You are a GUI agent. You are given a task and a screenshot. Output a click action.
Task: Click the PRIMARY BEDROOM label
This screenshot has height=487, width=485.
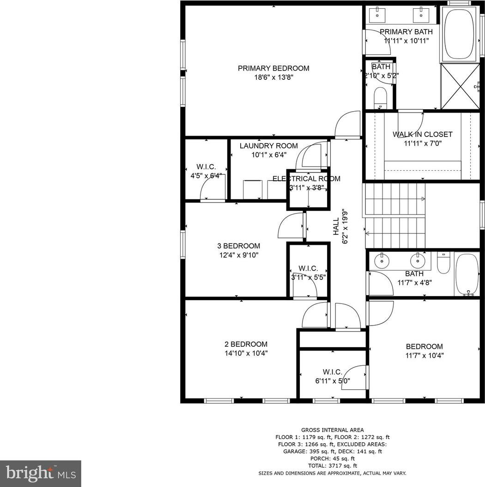coord(273,68)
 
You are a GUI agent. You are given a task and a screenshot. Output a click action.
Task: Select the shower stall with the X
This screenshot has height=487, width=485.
coord(461,86)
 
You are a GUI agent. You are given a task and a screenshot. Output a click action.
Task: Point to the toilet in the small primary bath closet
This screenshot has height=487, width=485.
coord(380,97)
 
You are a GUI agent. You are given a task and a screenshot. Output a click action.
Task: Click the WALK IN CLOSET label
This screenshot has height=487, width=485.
coord(423,135)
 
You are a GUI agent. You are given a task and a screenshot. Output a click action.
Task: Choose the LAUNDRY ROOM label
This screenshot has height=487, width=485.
coord(269,146)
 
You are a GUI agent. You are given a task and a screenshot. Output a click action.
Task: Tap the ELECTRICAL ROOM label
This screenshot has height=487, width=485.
coord(306,178)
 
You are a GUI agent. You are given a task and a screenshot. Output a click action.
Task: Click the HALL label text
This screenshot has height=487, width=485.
coord(336,226)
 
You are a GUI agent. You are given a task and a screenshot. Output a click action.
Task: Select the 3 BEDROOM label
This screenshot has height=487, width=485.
coord(239,246)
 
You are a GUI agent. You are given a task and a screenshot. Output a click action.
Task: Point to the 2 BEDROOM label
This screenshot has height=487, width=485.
coord(246,344)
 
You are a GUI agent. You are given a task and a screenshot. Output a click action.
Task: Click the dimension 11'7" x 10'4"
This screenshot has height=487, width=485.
coord(424,356)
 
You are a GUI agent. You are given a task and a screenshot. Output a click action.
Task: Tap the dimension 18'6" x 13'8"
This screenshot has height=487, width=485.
coord(274,77)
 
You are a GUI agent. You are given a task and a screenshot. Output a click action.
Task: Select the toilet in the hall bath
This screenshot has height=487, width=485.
coord(443,263)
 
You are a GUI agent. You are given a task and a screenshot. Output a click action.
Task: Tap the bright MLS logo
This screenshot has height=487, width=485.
coord(41,474)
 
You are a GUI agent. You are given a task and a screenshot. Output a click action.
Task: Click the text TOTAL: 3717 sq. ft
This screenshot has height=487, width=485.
coord(333,466)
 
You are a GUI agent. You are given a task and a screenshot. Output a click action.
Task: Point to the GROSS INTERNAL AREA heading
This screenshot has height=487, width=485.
coord(332,430)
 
